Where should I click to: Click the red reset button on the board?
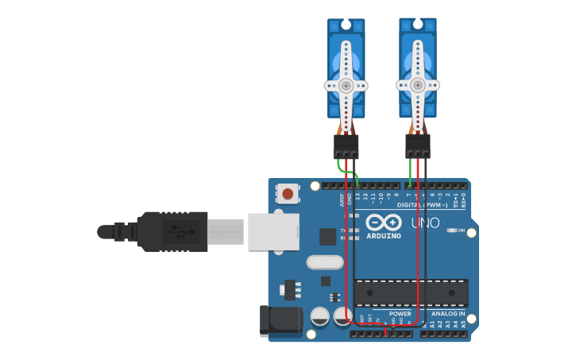point(288,193)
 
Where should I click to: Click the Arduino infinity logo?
point(384,223)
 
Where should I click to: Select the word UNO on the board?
point(425,223)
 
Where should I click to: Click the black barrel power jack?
point(280,320)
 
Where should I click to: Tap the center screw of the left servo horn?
point(346,85)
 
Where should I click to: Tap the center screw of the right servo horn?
point(417,85)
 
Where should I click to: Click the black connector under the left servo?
point(346,146)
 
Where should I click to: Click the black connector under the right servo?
point(418,145)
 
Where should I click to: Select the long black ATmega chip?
point(411,292)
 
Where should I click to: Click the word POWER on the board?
point(400,313)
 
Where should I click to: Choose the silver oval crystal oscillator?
point(324,261)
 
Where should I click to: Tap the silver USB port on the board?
point(273,231)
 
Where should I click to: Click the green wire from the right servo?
point(410,171)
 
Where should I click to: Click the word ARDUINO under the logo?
point(384,236)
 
